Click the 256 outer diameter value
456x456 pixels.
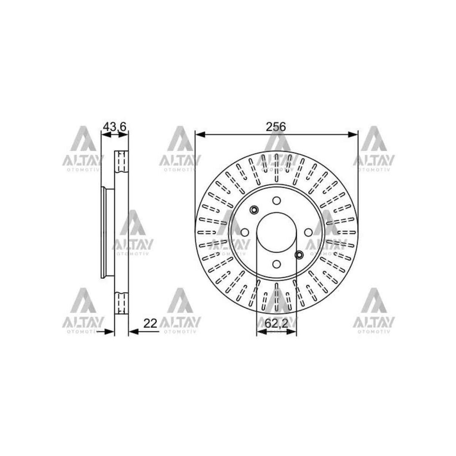(276, 127)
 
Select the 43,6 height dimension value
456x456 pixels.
(114, 127)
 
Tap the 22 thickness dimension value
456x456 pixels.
(150, 323)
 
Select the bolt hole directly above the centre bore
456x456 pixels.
(276, 200)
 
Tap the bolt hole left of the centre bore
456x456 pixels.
(245, 232)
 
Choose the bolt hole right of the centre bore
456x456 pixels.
(308, 232)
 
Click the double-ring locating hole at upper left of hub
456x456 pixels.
(254, 210)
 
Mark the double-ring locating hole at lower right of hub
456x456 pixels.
(299, 255)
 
